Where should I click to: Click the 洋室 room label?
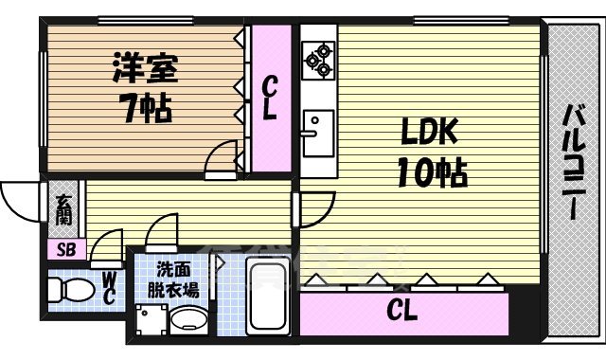144,69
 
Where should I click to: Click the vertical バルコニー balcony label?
574,161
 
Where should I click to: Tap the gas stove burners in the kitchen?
317,58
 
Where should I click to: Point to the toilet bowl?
68,286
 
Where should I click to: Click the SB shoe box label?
65,250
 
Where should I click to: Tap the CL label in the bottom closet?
403,310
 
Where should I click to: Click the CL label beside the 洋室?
270,98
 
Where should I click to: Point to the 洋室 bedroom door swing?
222,157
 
